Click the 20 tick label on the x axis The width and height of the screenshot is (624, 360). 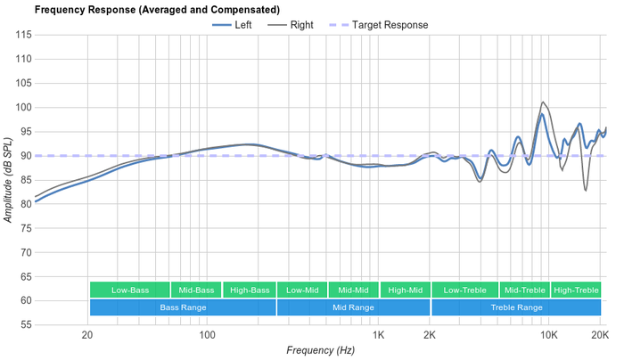coord(87,336)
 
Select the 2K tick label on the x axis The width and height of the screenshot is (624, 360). coord(430,336)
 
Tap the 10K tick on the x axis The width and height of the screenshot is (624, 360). coord(549,336)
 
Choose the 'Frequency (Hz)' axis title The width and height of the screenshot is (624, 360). coord(320,351)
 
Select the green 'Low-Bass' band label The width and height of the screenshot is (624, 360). coord(130,290)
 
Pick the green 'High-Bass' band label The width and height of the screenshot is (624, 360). coord(250,290)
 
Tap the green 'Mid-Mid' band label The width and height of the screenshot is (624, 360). coord(353,290)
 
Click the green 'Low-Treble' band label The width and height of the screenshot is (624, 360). coord(464,290)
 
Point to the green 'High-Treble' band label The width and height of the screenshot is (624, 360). coord(576,290)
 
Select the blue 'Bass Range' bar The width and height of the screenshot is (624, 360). coord(183,307)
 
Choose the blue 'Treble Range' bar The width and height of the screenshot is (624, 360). coord(516,307)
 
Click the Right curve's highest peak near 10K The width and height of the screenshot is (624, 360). coord(543,102)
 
